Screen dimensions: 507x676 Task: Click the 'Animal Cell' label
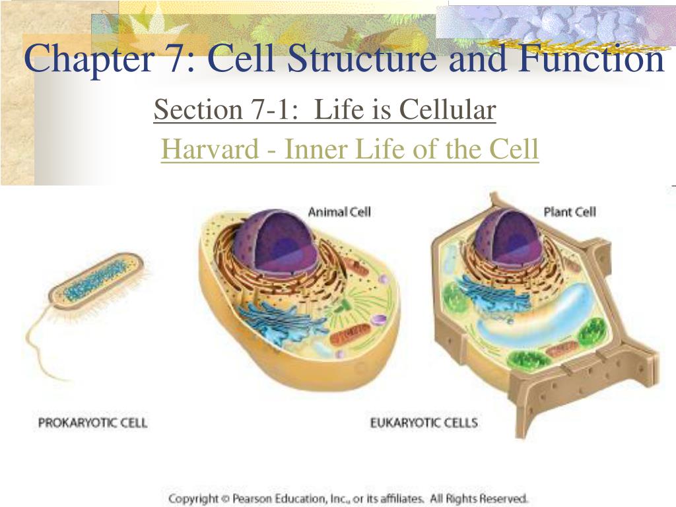tap(339, 212)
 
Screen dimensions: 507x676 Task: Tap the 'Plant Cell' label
tap(569, 212)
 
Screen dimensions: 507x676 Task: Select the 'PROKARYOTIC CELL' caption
tap(92, 422)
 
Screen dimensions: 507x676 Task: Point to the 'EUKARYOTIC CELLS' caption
tap(423, 422)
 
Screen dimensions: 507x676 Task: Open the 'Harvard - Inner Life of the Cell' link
tap(350, 149)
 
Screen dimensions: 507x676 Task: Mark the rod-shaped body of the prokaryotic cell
tap(99, 281)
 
